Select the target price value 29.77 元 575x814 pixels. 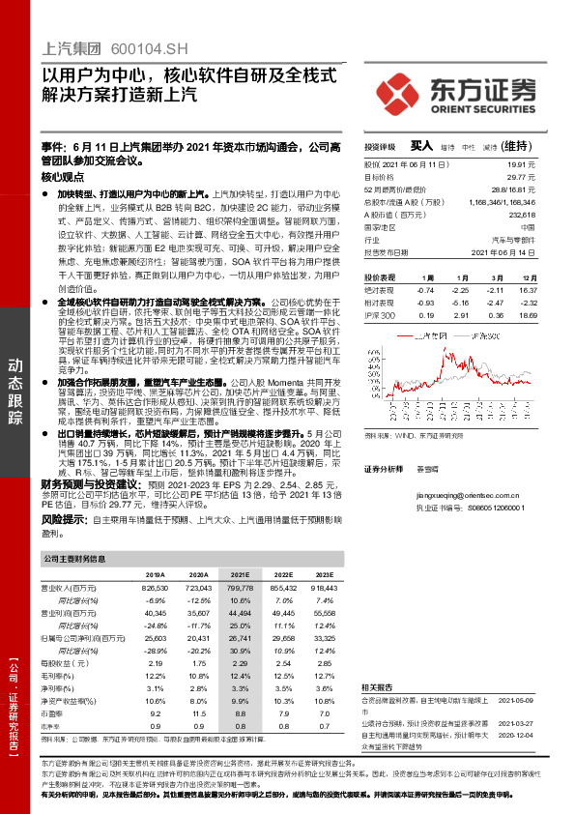coord(545,178)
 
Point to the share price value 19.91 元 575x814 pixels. coord(545,165)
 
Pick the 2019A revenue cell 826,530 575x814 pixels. coord(156,587)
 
